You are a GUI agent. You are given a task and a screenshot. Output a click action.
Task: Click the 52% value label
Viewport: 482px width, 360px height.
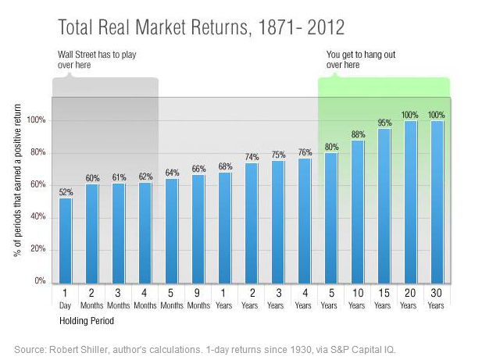(66, 191)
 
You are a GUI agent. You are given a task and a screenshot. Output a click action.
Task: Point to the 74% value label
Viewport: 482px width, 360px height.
(252, 156)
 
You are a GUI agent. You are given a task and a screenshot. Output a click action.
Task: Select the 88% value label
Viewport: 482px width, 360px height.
(357, 134)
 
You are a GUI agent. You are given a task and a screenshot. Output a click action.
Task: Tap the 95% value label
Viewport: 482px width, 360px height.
(384, 123)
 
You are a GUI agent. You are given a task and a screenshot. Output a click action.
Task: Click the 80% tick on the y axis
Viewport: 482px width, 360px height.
(37, 153)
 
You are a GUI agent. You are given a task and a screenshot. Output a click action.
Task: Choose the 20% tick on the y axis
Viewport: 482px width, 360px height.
(37, 249)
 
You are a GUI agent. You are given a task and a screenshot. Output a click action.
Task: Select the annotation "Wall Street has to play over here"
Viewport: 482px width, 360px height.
(92, 60)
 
